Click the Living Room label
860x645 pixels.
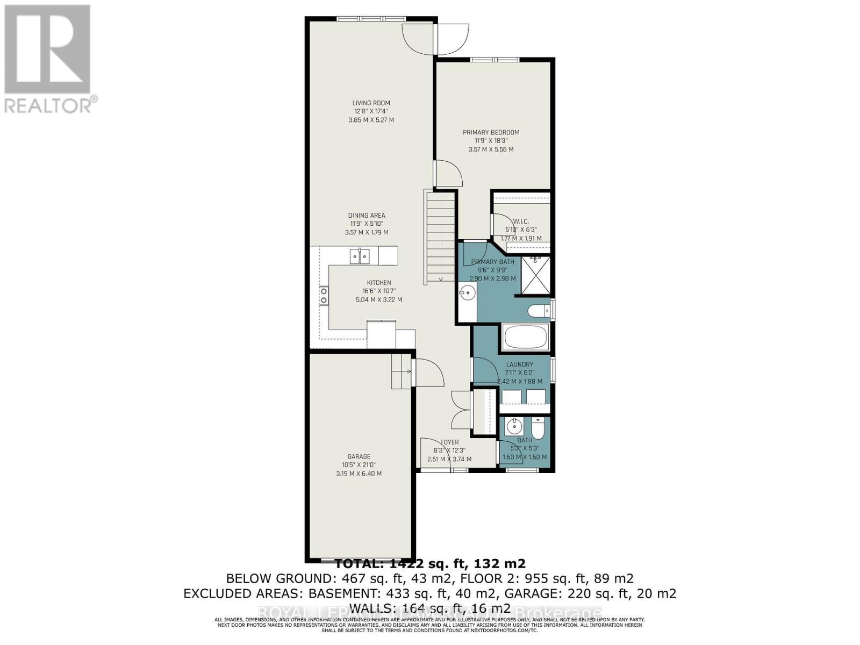pos(371,103)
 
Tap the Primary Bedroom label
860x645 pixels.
pos(491,132)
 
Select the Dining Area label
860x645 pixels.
pos(366,216)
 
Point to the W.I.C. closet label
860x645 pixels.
pos(521,221)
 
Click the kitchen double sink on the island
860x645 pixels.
pos(360,256)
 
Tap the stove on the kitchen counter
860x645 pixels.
pos(324,296)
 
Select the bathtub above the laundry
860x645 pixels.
pos(525,336)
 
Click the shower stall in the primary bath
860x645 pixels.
pos(536,275)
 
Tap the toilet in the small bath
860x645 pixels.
pos(537,428)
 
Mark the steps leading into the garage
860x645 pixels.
pos(400,371)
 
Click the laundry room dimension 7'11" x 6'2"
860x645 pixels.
pos(519,372)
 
